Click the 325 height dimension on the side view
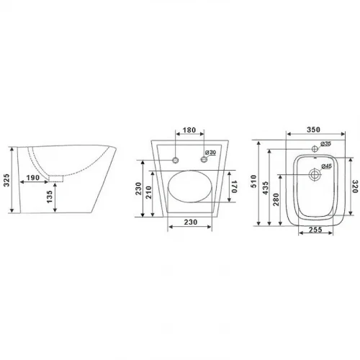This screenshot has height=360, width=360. [x=6, y=180]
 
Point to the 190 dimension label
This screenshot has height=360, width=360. [x=33, y=178]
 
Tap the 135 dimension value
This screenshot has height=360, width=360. [x=50, y=197]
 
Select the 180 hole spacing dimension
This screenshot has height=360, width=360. [x=189, y=130]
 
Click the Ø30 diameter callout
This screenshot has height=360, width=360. [x=210, y=153]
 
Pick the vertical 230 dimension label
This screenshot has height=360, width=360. [x=138, y=189]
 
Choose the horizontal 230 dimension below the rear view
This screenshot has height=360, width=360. [x=191, y=222]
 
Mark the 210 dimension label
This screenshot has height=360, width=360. [x=148, y=192]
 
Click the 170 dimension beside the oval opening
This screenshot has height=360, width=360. [x=234, y=186]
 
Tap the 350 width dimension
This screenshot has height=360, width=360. [x=313, y=130]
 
